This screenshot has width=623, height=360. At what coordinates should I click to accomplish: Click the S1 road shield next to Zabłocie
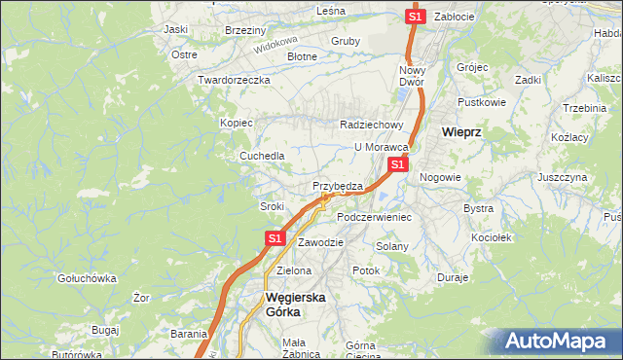415,17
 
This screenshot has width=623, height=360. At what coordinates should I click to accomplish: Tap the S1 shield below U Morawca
397,165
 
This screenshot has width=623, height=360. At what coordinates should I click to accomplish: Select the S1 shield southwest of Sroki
275,237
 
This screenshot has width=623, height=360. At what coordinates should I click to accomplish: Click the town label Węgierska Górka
296,306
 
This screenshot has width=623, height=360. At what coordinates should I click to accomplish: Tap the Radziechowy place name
371,125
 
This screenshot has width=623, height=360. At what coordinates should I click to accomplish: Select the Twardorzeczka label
233,80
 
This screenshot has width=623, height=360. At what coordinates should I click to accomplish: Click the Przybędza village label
338,186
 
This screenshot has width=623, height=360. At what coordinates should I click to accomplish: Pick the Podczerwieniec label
374,217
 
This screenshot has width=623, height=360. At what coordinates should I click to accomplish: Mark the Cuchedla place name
263,156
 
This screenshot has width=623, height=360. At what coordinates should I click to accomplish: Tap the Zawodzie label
320,241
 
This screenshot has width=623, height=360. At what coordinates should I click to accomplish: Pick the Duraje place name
453,277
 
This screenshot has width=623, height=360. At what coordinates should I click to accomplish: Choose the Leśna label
331,10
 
